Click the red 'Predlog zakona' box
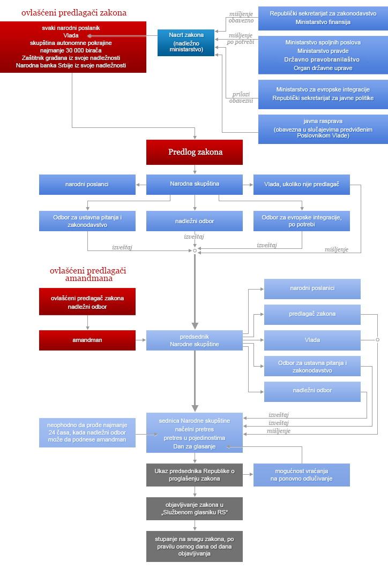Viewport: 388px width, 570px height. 195,153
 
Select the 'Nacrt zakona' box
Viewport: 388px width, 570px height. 186,42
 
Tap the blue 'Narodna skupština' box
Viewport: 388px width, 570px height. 195,184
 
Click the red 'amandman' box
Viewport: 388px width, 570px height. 87,340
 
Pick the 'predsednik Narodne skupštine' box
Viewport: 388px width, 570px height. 195,340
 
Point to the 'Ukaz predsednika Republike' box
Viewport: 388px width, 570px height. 195,475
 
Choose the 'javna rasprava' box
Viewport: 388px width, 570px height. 323,129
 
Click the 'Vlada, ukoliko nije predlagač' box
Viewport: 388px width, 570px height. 301,184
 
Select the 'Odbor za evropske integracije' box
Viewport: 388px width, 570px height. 301,221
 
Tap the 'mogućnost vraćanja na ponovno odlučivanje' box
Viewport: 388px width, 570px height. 301,475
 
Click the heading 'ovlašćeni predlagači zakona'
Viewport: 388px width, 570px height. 74,13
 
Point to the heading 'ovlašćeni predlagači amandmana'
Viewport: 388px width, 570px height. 88,275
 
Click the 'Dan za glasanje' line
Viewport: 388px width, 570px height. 195,446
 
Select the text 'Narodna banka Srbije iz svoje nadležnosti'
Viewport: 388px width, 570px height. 71,65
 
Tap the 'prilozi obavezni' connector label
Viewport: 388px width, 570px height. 241,97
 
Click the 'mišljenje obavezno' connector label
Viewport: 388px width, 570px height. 241,17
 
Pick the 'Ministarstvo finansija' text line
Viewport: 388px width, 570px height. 323,22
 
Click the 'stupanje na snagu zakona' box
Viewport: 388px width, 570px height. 195,546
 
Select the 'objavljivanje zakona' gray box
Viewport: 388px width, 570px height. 195,508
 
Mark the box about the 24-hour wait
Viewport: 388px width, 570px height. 87,432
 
